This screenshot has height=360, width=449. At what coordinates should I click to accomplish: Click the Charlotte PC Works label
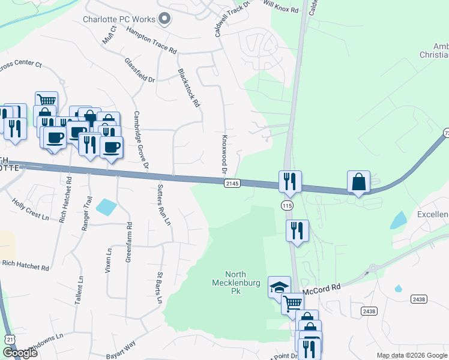coord(119,19)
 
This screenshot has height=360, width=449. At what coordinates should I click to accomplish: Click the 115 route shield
coord(286,205)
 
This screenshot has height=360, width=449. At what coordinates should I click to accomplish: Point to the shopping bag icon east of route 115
coord(358,182)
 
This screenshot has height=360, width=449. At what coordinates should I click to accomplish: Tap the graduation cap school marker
coord(279,287)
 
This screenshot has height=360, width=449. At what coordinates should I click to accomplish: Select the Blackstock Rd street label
coord(188,88)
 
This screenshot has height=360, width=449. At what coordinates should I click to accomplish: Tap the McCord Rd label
coord(321,289)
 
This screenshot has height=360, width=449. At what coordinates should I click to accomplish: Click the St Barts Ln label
coord(160,288)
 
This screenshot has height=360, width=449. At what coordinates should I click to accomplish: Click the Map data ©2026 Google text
coord(412,356)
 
